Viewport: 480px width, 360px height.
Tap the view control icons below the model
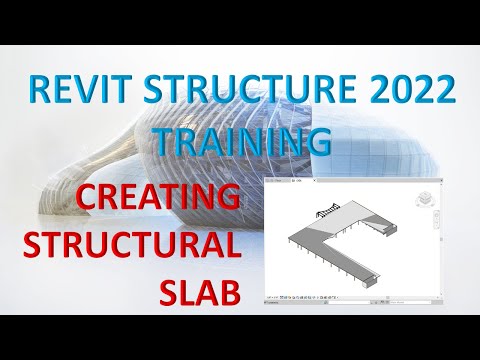(x=300, y=297)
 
